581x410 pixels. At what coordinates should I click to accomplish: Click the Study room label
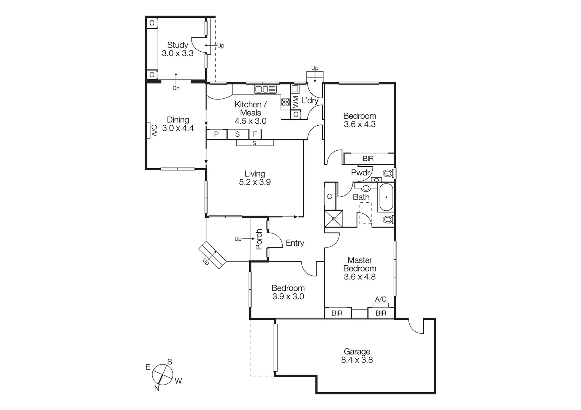pyautogui.click(x=177, y=45)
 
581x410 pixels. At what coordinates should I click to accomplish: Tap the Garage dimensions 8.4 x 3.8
pyautogui.click(x=357, y=360)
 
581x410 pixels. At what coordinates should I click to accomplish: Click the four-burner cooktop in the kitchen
pyautogui.click(x=285, y=102)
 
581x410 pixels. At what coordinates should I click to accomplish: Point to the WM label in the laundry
pyautogui.click(x=296, y=101)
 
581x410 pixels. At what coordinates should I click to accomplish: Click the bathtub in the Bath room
pyautogui.click(x=386, y=197)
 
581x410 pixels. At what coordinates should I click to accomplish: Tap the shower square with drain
pyautogui.click(x=334, y=218)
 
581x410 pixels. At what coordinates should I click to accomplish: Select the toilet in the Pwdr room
pyautogui.click(x=387, y=173)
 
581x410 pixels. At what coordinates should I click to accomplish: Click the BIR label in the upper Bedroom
pyautogui.click(x=368, y=159)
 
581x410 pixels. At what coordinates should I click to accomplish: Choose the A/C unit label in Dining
pyautogui.click(x=154, y=131)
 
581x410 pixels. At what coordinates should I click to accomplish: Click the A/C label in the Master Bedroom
pyautogui.click(x=380, y=300)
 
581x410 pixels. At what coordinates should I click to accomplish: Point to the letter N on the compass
pyautogui.click(x=157, y=388)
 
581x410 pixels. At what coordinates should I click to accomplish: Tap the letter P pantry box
pyautogui.click(x=216, y=134)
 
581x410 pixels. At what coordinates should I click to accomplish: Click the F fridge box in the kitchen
pyautogui.click(x=255, y=134)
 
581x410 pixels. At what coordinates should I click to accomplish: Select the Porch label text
pyautogui.click(x=259, y=239)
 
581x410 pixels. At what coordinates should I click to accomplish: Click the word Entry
pyautogui.click(x=295, y=243)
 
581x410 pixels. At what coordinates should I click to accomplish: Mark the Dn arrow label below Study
pyautogui.click(x=176, y=88)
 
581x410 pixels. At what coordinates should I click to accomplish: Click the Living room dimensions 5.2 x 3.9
pyautogui.click(x=255, y=182)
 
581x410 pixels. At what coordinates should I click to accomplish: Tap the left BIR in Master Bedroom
pyautogui.click(x=337, y=313)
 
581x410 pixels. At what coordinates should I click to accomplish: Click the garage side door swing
pyautogui.click(x=416, y=326)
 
